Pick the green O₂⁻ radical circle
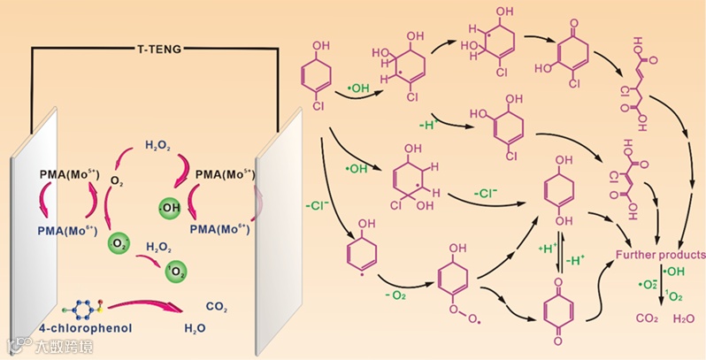coord(119,242)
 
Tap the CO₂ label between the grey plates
coord(217,306)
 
